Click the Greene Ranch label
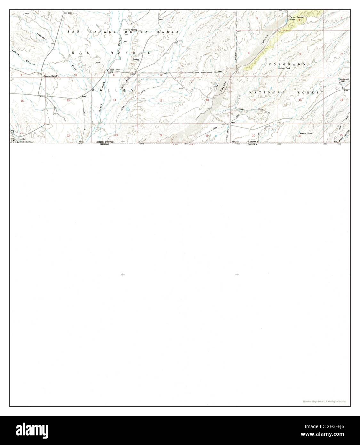coord(51,76)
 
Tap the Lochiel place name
coord(22,139)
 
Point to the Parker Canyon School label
coord(296,18)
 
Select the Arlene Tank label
coord(284,68)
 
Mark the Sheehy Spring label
coord(130,30)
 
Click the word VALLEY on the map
coord(114,91)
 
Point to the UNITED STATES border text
coord(104,142)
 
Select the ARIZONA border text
coord(253,142)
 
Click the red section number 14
coord(114,100)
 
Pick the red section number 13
coord(161,101)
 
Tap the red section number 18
coord(207,100)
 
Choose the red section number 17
coord(254,100)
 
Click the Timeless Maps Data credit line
coord(324,401)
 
